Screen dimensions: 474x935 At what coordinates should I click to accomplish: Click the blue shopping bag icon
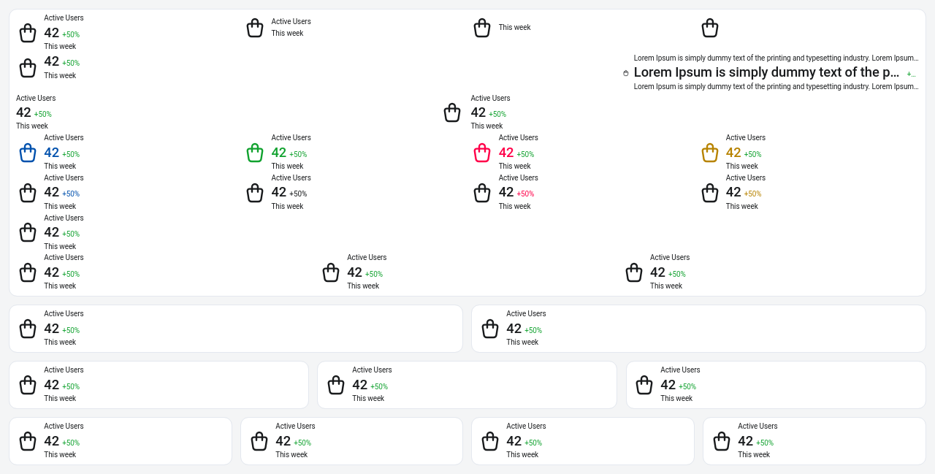coord(28,153)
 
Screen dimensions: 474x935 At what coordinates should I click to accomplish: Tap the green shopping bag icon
coord(255,153)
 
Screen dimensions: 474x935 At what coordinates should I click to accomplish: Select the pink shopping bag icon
coord(482,153)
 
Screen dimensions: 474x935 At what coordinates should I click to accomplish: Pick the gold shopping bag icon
coord(710,153)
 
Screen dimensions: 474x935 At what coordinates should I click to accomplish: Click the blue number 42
coord(52,153)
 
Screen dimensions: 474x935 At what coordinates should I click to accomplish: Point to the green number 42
coord(279,153)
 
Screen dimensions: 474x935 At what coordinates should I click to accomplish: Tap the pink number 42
coord(506,153)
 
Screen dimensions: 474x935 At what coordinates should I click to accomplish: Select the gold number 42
coord(733,153)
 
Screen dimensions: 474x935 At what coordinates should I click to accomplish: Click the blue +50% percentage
coord(71,194)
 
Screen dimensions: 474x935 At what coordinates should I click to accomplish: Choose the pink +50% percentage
coord(525,194)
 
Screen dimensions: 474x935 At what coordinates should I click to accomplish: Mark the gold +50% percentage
coord(752,194)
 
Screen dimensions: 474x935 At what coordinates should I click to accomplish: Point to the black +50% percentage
coord(298,194)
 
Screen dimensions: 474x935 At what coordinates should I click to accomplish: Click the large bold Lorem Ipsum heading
coord(766,72)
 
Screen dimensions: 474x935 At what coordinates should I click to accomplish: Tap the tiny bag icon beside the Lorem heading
coord(626,73)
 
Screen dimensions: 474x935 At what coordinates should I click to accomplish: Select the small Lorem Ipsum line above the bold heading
coord(776,58)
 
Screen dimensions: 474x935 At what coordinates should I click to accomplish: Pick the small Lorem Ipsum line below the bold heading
coord(776,86)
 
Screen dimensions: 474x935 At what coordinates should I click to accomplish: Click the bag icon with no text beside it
coord(710,28)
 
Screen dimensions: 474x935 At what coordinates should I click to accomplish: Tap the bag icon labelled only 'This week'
coord(482,28)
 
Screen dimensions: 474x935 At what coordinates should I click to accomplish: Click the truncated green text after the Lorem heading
coord(911,74)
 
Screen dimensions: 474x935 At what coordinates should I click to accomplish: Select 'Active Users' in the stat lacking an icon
coord(36,98)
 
